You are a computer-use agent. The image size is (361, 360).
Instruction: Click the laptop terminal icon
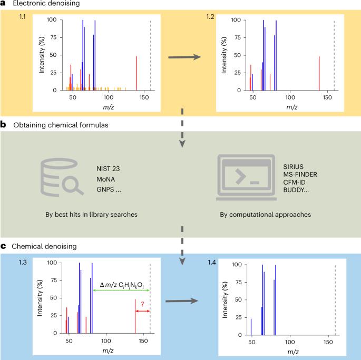246,177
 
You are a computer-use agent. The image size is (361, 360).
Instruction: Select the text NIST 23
108,169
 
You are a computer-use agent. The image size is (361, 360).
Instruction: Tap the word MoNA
106,179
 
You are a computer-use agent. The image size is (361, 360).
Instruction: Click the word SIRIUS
294,167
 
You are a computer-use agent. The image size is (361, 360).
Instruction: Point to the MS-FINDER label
300,175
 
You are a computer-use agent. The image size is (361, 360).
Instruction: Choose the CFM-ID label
294,182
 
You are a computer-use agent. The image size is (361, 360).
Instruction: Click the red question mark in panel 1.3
142,304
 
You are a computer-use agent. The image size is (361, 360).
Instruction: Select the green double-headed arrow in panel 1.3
121,291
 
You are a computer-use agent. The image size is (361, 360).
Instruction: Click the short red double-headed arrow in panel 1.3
143,311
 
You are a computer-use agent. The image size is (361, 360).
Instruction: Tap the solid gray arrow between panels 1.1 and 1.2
184,57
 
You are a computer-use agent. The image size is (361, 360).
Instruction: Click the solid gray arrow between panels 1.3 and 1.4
182,301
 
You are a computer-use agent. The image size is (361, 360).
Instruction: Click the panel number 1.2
210,17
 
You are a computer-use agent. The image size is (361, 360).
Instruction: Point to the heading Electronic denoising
46,3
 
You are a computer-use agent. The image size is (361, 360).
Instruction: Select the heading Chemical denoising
44,246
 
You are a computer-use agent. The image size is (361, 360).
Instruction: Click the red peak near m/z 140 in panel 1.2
319,73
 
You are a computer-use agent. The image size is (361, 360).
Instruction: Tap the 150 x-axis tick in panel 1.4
328,342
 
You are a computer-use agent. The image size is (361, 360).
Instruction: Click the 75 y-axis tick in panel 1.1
53,37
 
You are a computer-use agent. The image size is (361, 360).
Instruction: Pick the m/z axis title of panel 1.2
292,107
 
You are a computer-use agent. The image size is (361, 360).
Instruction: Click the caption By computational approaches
266,215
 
